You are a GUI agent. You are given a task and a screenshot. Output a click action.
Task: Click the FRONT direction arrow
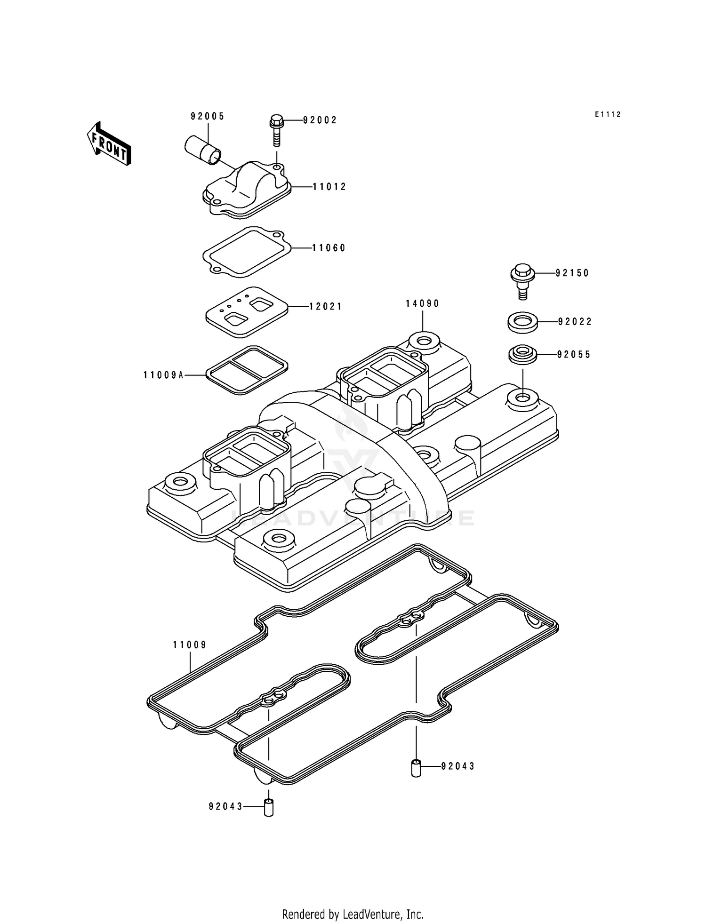tap(108, 143)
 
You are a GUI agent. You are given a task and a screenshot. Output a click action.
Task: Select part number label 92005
tap(208, 117)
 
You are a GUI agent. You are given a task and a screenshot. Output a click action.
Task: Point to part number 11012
tap(329, 187)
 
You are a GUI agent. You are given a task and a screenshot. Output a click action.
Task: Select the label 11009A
tap(163, 375)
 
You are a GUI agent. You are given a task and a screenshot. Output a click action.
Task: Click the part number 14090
tap(423, 304)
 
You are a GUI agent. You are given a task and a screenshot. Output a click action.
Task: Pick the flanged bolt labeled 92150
tap(522, 281)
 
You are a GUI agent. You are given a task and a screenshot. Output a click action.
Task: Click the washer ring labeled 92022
tap(522, 323)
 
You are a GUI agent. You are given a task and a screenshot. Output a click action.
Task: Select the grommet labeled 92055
tap(522, 354)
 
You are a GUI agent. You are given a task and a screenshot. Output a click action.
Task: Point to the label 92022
tap(575, 322)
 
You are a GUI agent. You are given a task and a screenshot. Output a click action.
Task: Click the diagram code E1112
tap(608, 114)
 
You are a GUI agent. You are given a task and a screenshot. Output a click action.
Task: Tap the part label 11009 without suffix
tap(190, 645)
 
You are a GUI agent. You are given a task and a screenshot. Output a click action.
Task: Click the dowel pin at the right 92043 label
tap(416, 767)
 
